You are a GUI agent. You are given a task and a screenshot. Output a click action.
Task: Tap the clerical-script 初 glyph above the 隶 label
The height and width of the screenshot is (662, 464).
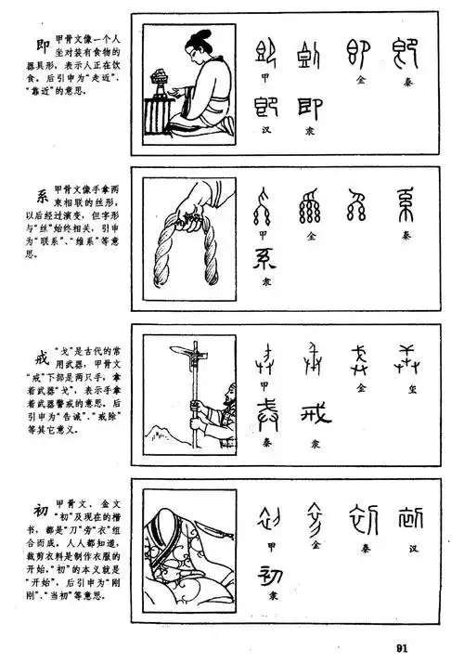click(x=268, y=567)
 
